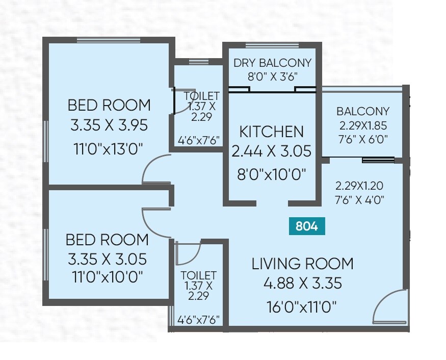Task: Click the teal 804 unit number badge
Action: pos(307,226)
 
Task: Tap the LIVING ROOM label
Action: pos(302,264)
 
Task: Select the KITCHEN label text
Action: pos(271,132)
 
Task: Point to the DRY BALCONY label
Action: pos(272,63)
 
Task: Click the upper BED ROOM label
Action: pos(109,105)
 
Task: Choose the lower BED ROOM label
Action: pos(107,240)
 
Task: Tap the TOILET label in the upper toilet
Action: pos(201,96)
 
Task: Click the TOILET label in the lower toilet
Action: pos(199,275)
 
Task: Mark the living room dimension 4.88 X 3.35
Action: pos(302,283)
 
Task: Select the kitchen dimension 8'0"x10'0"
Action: pos(271,174)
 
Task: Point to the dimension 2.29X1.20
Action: pos(359,186)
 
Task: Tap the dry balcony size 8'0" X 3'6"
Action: pos(272,76)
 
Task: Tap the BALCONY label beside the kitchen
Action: pos(362,111)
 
